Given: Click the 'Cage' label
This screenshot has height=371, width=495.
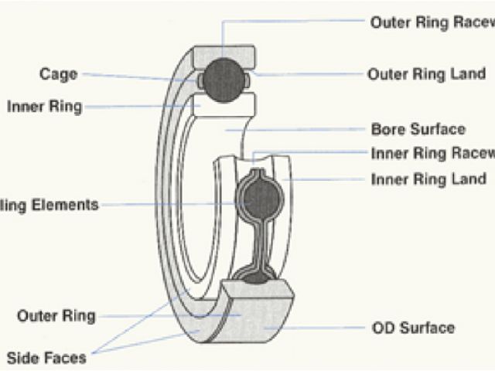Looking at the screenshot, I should click(x=58, y=74).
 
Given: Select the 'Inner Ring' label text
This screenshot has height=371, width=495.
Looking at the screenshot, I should click(x=45, y=107).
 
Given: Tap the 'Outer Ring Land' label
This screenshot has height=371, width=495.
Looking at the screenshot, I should click(x=427, y=74).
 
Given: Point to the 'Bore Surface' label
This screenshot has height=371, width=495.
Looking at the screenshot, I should click(x=418, y=128).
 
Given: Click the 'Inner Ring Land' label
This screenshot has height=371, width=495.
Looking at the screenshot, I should click(x=428, y=179).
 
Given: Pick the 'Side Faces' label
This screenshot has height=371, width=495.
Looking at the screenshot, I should click(x=46, y=357).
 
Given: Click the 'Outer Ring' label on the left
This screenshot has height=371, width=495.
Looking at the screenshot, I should click(x=56, y=315).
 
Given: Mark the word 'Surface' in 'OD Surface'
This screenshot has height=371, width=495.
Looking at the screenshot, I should click(x=430, y=328).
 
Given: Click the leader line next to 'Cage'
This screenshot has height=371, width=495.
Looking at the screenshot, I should click(x=131, y=77).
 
